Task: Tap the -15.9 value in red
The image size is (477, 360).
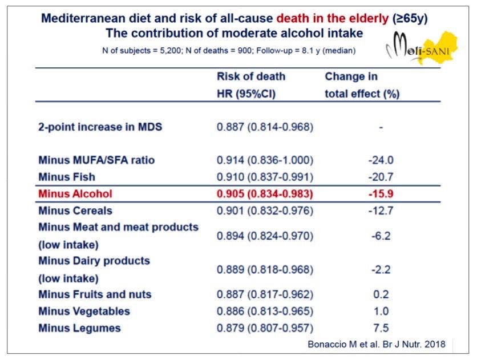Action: click(381, 193)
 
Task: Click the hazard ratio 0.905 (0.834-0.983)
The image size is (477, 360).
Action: click(265, 193)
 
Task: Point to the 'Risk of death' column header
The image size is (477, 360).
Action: click(250, 76)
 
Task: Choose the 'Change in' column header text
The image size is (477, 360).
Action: click(351, 76)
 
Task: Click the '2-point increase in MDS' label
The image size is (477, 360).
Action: click(100, 127)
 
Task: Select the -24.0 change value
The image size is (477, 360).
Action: click(381, 160)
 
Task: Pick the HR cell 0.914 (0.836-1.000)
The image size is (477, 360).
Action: click(265, 160)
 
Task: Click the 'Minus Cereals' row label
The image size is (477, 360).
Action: click(75, 211)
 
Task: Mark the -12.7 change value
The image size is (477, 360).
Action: click(381, 211)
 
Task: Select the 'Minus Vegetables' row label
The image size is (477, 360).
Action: click(84, 312)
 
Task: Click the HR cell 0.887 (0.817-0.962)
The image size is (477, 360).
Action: click(265, 294)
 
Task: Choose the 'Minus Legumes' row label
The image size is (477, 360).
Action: click(79, 328)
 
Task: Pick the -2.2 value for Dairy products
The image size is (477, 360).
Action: click(381, 269)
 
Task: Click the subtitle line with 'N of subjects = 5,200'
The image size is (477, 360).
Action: click(228, 50)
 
